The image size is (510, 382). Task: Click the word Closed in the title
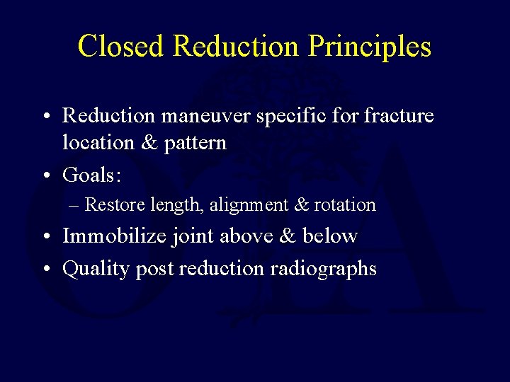121,47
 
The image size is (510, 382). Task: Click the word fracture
399,115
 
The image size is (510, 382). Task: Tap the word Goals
88,174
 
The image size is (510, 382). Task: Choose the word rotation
345,205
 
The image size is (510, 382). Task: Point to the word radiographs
328,269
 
